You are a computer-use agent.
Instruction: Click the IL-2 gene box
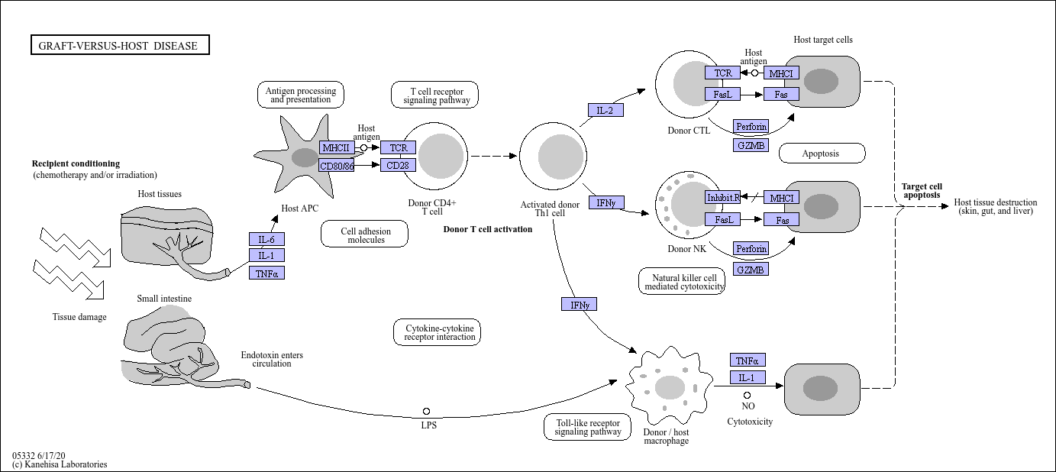point(606,110)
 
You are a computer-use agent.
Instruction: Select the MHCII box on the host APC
point(337,147)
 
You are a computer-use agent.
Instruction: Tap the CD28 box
point(398,166)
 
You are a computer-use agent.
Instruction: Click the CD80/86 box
point(336,166)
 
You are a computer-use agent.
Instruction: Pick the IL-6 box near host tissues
point(266,239)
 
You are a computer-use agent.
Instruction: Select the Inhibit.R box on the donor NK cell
point(722,198)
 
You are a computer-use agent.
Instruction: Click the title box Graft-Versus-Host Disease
point(120,45)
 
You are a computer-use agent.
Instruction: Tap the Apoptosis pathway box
point(822,154)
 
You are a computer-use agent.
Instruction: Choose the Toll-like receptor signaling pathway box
point(587,427)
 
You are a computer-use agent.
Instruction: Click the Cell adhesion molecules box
point(364,234)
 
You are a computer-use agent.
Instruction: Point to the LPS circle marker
point(426,411)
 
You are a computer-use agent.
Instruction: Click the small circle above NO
point(747,395)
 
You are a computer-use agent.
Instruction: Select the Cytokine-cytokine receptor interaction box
point(437,332)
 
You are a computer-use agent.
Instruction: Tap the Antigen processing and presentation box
point(301,95)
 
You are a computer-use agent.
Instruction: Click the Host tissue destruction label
point(995,206)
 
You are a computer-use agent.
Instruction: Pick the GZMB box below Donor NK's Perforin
point(751,270)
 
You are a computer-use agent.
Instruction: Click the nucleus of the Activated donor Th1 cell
point(561,157)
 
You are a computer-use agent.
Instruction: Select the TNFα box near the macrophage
point(748,360)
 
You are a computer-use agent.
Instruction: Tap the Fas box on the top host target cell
point(781,94)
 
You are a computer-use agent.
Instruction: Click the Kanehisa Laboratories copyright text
point(60,464)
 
